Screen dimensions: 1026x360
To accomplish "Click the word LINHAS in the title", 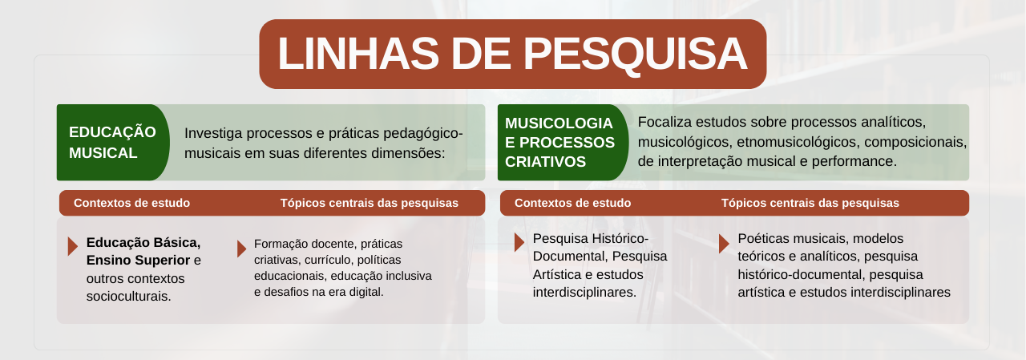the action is pyautogui.click(x=358, y=54).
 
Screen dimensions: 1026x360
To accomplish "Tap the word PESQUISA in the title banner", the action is pyautogui.click(x=636, y=55).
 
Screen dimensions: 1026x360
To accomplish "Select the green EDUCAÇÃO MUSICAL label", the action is pyautogui.click(x=113, y=143).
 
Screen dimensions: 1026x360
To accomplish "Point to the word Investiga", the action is pyautogui.click(x=213, y=134).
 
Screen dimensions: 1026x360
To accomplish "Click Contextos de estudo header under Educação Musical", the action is pyautogui.click(x=132, y=203).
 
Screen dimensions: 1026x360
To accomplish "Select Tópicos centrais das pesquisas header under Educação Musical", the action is pyautogui.click(x=370, y=203).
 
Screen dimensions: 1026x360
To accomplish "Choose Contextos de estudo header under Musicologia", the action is pyautogui.click(x=572, y=203).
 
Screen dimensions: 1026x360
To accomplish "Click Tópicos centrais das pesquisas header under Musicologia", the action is pyautogui.click(x=810, y=203).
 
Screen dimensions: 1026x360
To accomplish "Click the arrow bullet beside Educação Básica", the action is pyautogui.click(x=72, y=246).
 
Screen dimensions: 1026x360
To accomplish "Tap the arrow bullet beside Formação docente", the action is pyautogui.click(x=241, y=249).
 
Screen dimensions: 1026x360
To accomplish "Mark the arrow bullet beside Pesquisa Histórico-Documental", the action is pyautogui.click(x=519, y=242).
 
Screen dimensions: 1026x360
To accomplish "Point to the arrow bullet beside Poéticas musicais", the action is pyautogui.click(x=724, y=243).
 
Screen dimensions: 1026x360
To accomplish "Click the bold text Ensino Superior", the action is pyautogui.click(x=138, y=261).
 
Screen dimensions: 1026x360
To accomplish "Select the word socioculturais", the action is pyautogui.click(x=129, y=297).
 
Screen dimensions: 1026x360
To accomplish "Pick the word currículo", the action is pyautogui.click(x=327, y=260).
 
